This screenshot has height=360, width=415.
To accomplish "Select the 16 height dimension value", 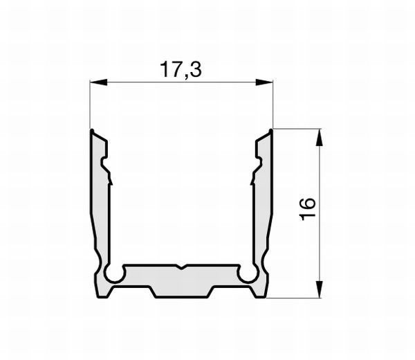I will point(308,208).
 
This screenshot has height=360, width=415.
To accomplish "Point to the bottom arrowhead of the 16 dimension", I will point(320,290).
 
